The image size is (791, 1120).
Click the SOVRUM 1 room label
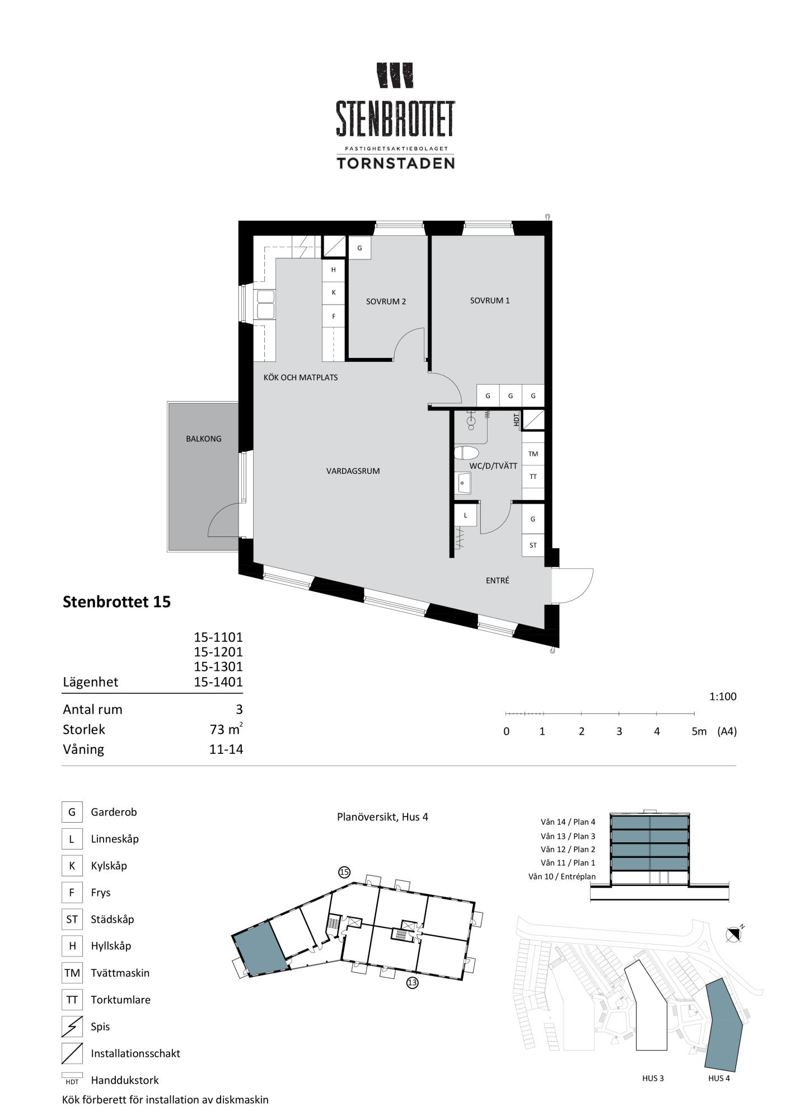click(x=490, y=301)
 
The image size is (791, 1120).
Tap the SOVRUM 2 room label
click(x=386, y=301)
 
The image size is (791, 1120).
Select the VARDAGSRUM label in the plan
click(x=353, y=471)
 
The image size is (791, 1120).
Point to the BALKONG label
click(x=204, y=438)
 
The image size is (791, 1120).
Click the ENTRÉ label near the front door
click(x=497, y=581)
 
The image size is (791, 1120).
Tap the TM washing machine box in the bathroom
click(x=533, y=454)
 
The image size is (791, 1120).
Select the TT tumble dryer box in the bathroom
click(x=533, y=477)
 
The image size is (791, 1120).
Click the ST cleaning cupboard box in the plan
click(x=533, y=545)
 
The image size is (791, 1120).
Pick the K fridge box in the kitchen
click(x=334, y=292)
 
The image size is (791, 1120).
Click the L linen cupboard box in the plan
click(x=466, y=515)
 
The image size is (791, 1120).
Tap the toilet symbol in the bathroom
click(x=466, y=452)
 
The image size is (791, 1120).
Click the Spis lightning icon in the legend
click(x=72, y=1026)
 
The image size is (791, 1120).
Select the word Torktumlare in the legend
click(x=120, y=1000)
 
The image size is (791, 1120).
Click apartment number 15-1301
click(x=218, y=666)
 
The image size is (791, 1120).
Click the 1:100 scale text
click(x=723, y=697)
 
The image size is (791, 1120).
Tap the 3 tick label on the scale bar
click(x=619, y=731)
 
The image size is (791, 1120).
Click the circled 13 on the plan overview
click(x=413, y=982)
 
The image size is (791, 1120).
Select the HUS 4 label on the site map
click(x=719, y=1078)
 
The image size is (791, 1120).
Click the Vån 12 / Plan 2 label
click(x=568, y=850)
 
